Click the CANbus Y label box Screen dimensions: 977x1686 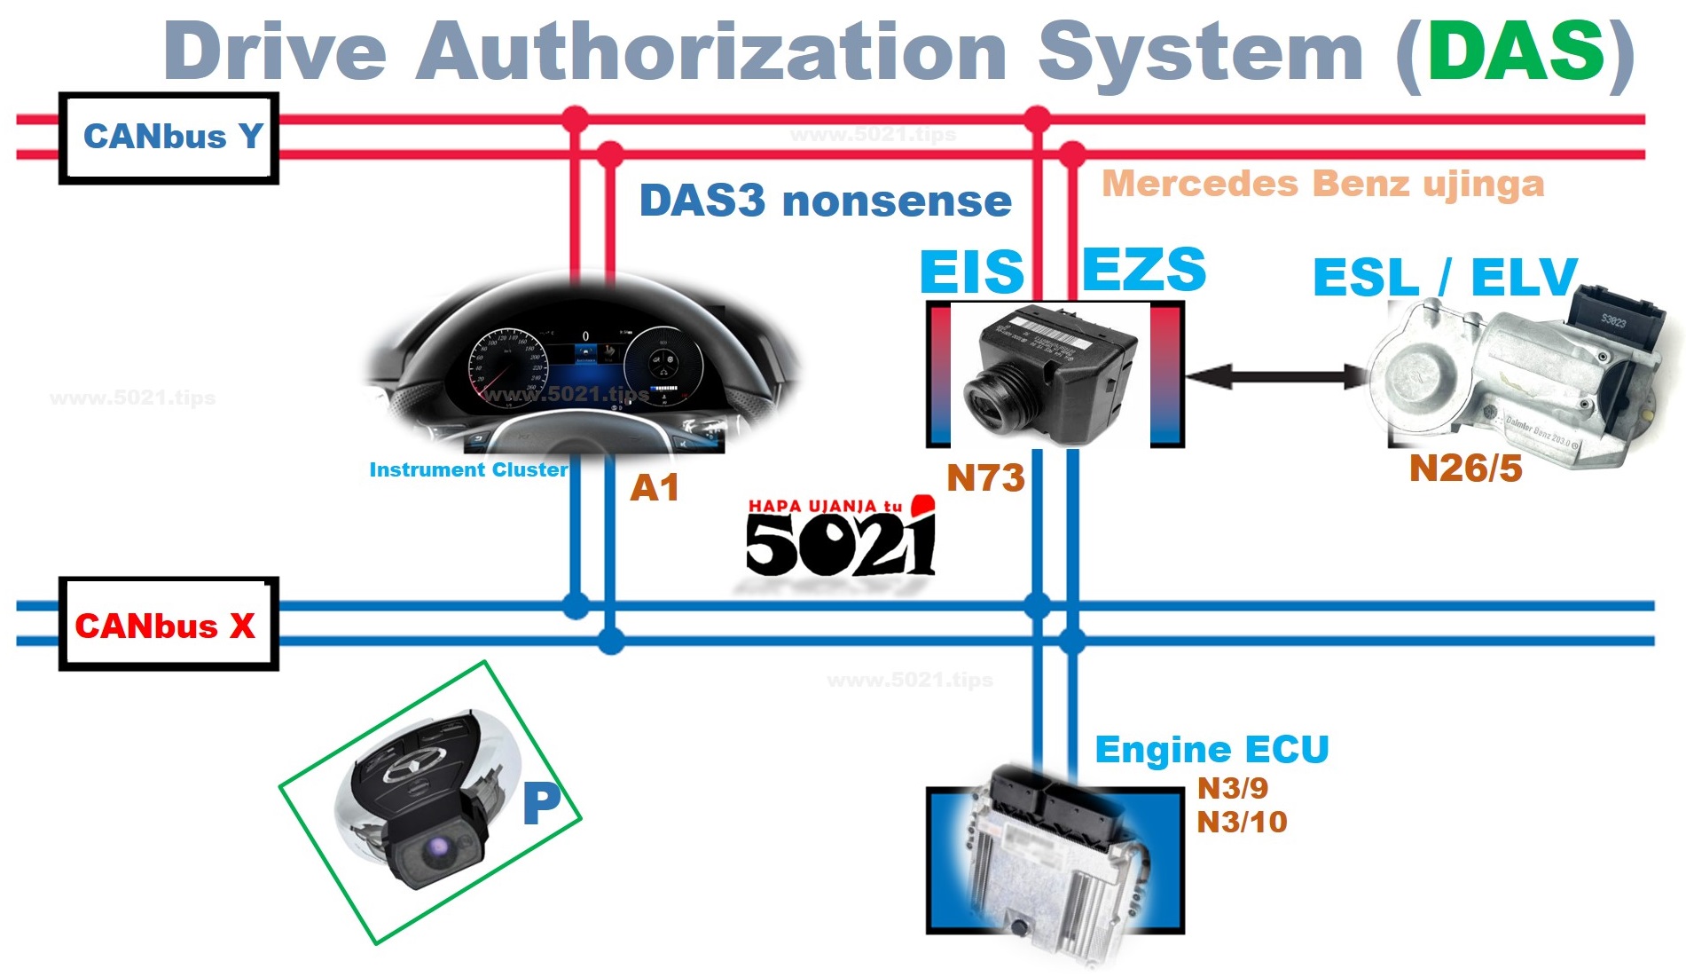coord(169,138)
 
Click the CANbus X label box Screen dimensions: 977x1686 coord(169,624)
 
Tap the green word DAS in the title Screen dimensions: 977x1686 coord(1516,51)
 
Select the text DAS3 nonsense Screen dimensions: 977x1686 coord(825,201)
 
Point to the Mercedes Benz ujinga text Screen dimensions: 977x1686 coord(1322,184)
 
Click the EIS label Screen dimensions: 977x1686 coord(972,271)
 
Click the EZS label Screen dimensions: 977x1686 coord(1144,269)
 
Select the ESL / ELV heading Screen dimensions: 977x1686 coord(1445,277)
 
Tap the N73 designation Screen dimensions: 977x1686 coord(985,478)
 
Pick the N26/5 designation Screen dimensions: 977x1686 coord(1465,469)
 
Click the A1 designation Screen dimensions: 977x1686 coord(655,487)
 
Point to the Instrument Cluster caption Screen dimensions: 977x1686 coord(468,469)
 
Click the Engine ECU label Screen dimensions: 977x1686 coord(1212,750)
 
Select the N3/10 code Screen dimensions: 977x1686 coord(1242,822)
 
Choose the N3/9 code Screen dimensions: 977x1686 coord(1232,788)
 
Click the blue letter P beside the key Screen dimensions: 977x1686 coord(541,803)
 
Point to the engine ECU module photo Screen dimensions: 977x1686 coord(1055,861)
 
